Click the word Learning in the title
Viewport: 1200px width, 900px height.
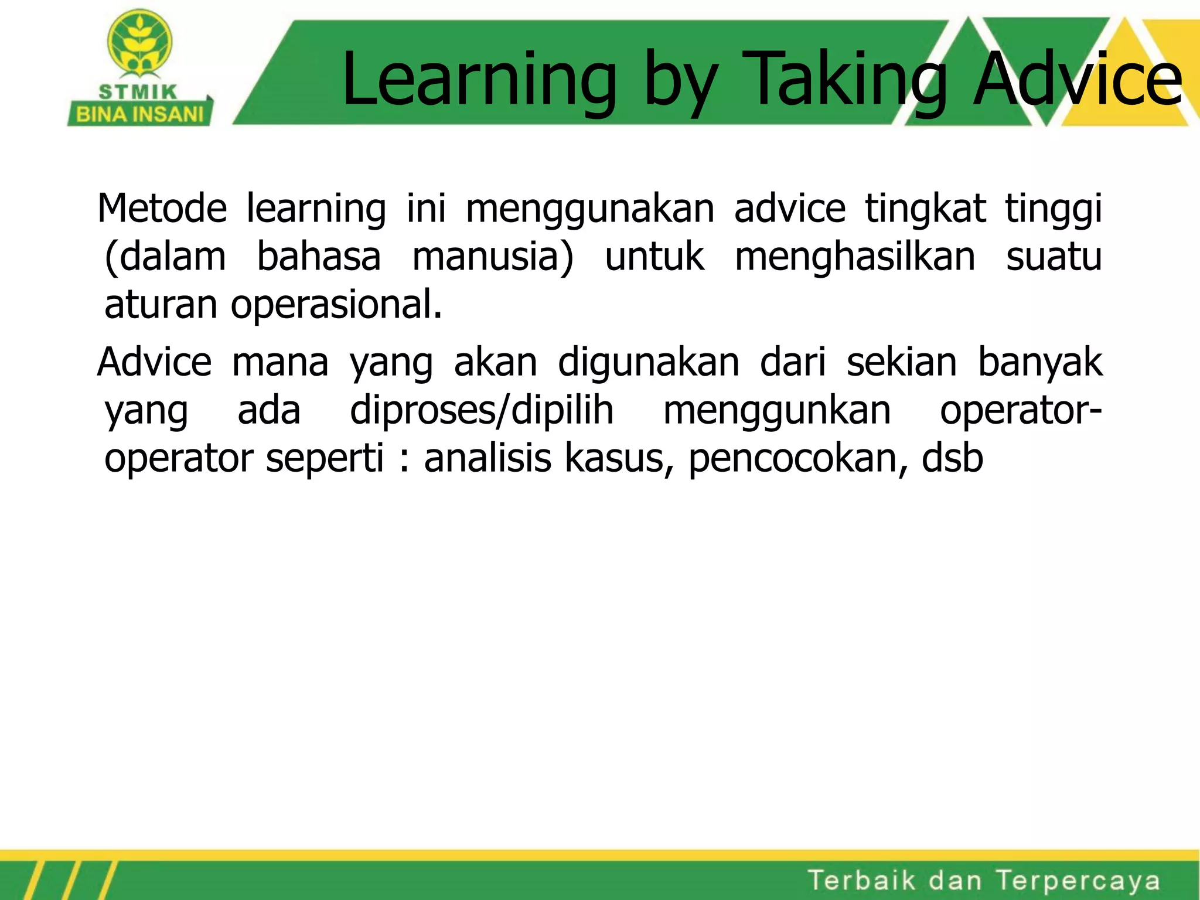tap(479, 80)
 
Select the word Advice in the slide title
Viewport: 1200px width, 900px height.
tap(1077, 80)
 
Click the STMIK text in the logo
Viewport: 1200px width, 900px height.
tap(138, 92)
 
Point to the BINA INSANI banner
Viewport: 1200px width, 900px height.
tap(139, 114)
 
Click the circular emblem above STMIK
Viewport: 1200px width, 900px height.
tap(140, 42)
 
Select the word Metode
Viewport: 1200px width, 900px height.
tap(162, 209)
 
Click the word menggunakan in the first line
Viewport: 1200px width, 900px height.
tap(589, 210)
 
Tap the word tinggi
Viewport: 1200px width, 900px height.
tap(1053, 210)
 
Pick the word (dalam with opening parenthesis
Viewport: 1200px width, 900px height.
tap(165, 258)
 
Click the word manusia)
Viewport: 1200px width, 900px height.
tap(493, 258)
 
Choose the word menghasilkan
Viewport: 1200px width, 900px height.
tap(855, 257)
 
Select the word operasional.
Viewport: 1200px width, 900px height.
tap(336, 305)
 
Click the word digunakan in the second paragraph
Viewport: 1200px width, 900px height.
tap(648, 363)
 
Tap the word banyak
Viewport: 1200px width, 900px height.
tap(1040, 363)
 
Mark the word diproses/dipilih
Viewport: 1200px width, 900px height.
tap(482, 410)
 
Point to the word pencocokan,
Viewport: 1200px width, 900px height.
tap(798, 459)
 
